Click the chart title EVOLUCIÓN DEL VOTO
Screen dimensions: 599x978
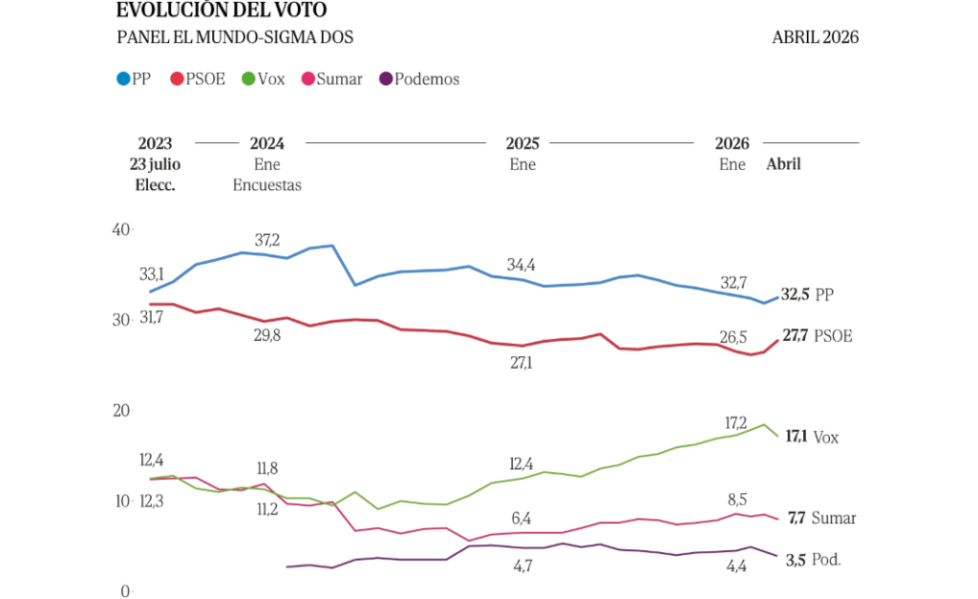click(221, 11)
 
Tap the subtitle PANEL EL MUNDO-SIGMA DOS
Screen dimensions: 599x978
click(235, 37)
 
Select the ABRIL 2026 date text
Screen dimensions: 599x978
click(815, 37)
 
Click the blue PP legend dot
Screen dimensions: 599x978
click(123, 79)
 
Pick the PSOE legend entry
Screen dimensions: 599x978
click(198, 79)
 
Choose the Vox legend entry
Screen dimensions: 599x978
click(264, 79)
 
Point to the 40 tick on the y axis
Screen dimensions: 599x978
click(119, 229)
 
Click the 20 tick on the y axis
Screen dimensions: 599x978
click(119, 411)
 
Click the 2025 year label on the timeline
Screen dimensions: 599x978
click(522, 143)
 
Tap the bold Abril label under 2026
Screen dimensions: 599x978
click(783, 164)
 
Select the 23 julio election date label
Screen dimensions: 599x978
click(155, 164)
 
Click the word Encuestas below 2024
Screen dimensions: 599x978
click(267, 185)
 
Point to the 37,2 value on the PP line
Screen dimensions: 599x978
click(267, 240)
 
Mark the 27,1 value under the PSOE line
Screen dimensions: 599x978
click(522, 364)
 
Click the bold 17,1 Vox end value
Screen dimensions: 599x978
click(796, 437)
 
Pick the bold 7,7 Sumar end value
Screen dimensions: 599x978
click(797, 518)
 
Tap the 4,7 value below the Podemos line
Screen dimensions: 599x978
click(522, 567)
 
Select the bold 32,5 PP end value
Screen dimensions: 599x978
click(795, 295)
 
